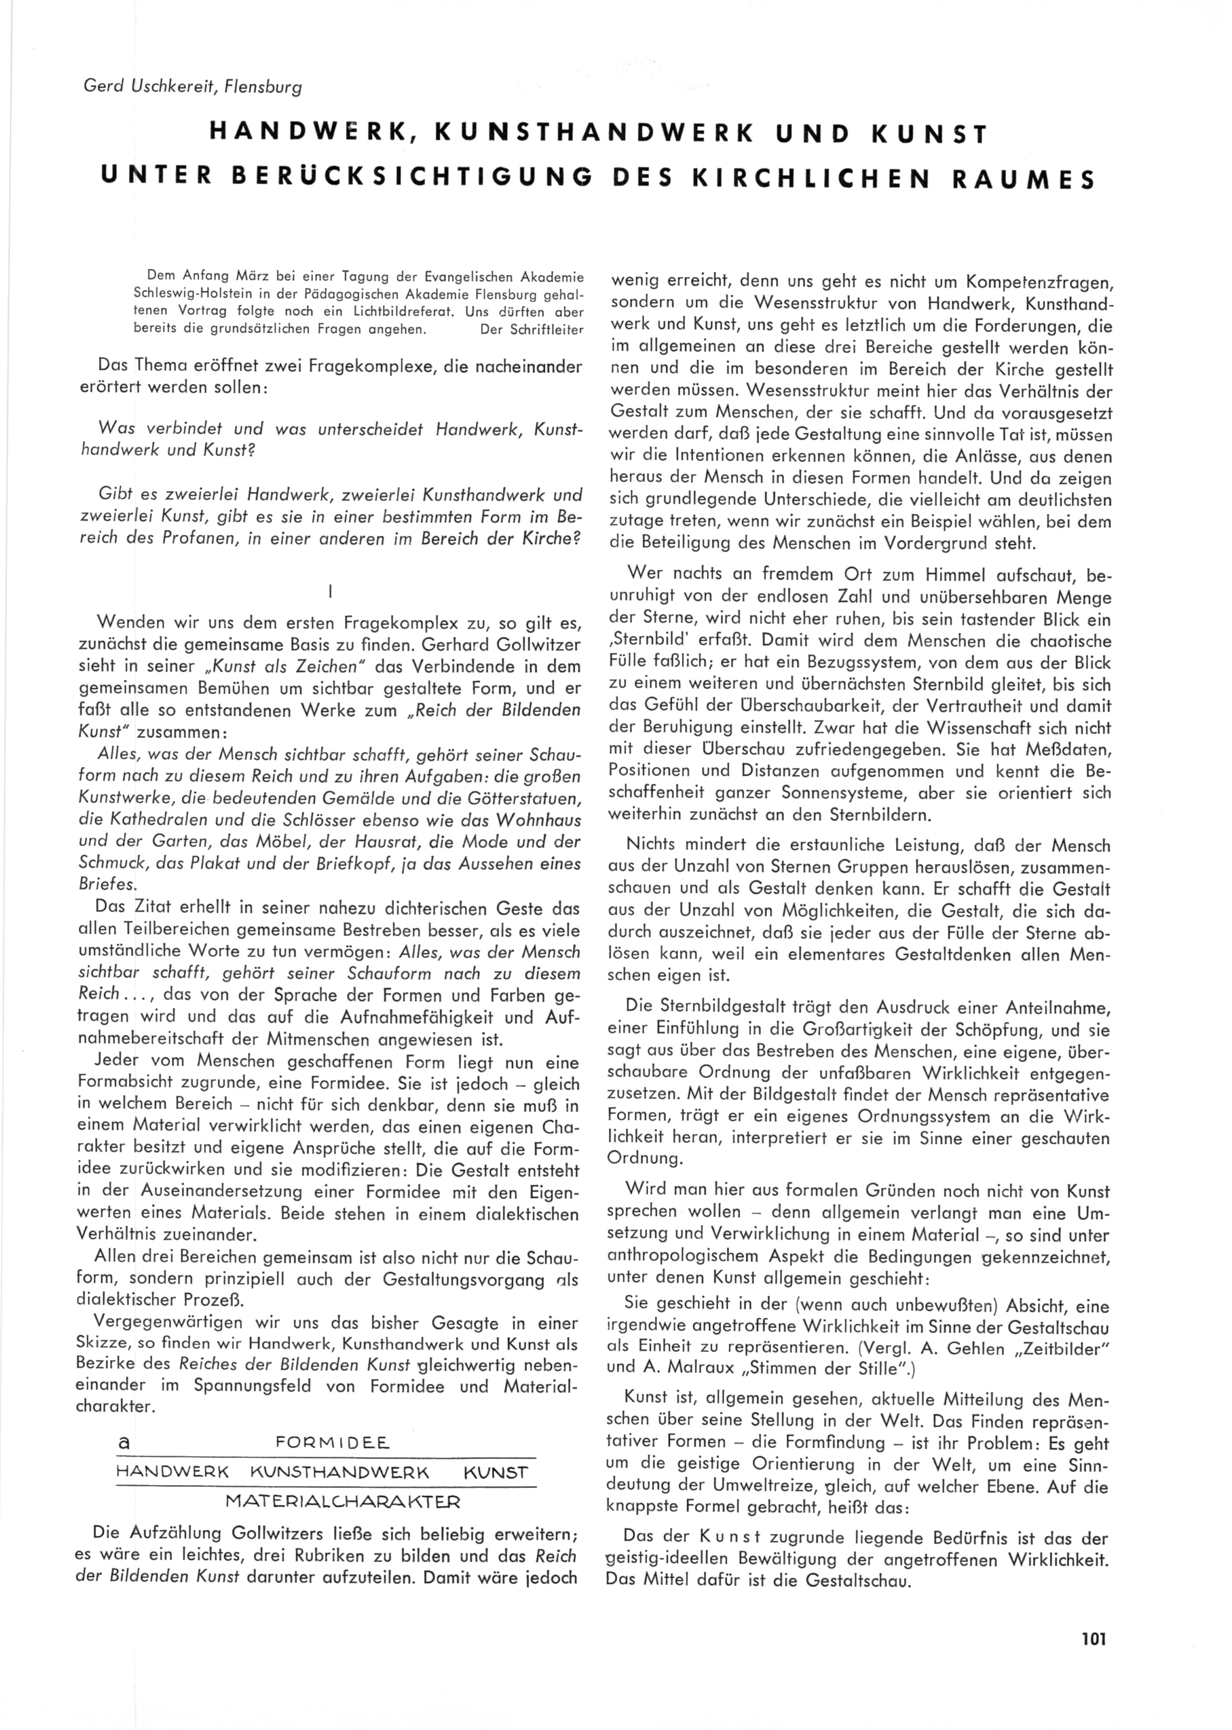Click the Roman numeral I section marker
tap(332, 589)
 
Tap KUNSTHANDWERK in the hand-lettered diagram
tap(340, 1473)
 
